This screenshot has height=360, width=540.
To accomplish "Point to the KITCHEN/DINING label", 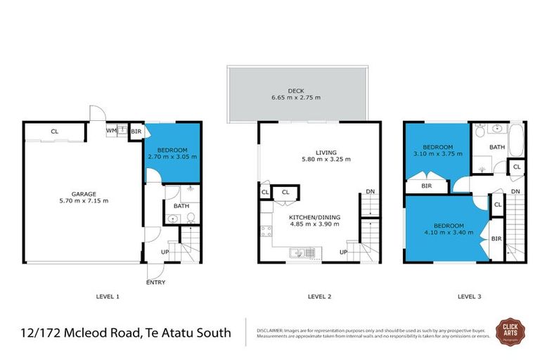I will (x=314, y=217).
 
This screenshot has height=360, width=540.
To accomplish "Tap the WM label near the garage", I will (x=111, y=130).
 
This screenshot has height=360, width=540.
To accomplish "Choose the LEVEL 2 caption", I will (x=319, y=297).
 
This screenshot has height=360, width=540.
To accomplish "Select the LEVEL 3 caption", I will (x=469, y=297).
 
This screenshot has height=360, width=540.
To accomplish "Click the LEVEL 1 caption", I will (x=108, y=297).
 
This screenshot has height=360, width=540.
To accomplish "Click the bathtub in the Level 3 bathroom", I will (x=515, y=140).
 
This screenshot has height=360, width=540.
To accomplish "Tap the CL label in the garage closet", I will (x=53, y=131).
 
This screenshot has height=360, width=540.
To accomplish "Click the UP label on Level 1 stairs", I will (x=165, y=251).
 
